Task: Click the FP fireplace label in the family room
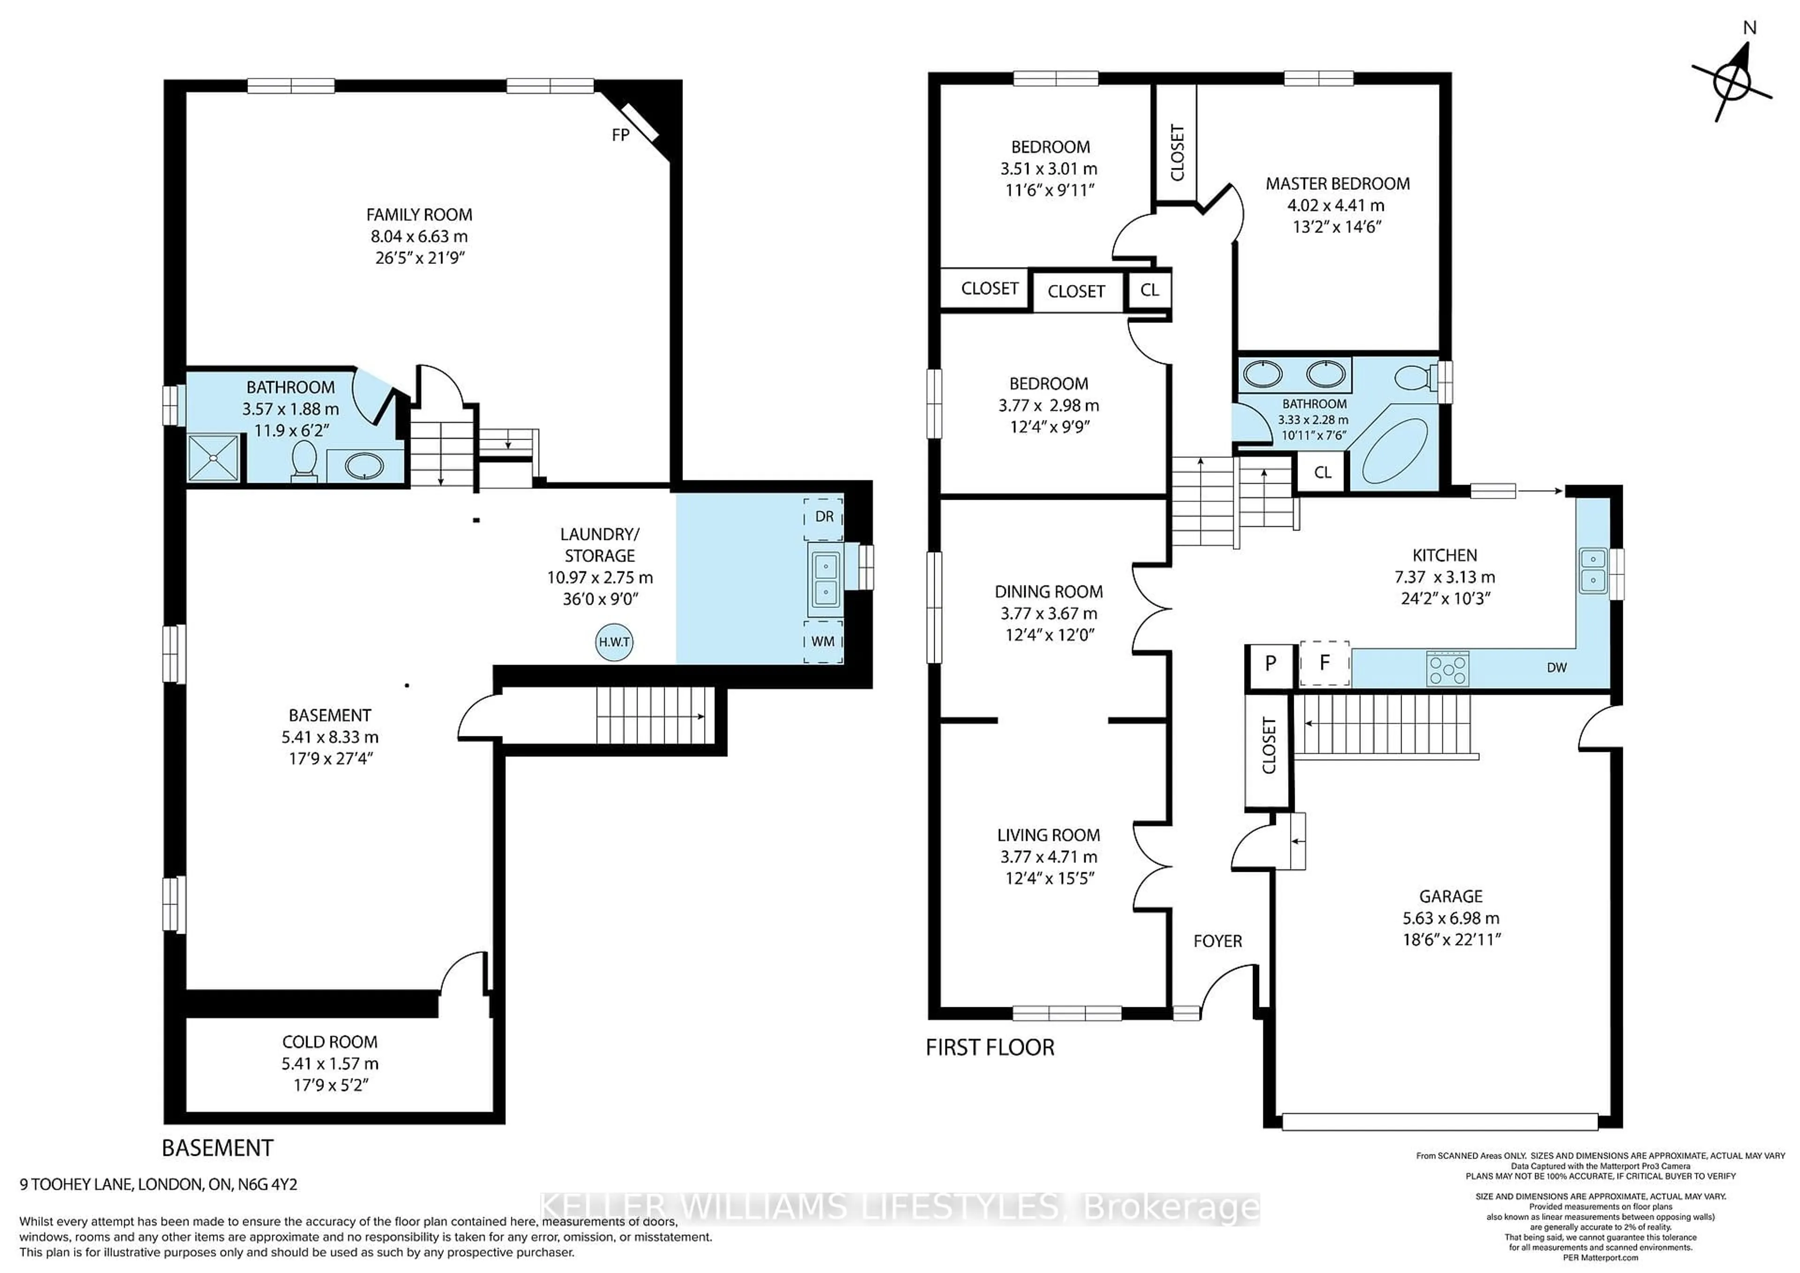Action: point(620,135)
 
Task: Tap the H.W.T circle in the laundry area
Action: point(614,642)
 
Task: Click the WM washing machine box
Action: point(822,641)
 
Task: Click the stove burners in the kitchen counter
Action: point(1447,669)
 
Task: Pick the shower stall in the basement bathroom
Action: point(213,458)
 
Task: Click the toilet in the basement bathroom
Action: point(303,460)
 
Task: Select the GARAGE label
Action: point(1450,896)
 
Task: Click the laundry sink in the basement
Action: point(825,578)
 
